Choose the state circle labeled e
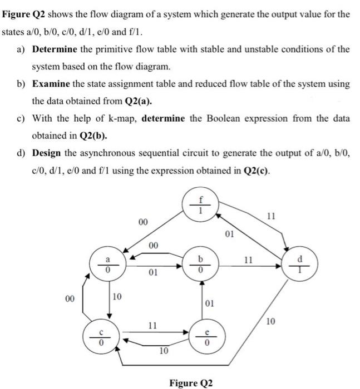click(x=202, y=338)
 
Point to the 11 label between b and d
click(x=249, y=260)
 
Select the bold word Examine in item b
click(x=52, y=84)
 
